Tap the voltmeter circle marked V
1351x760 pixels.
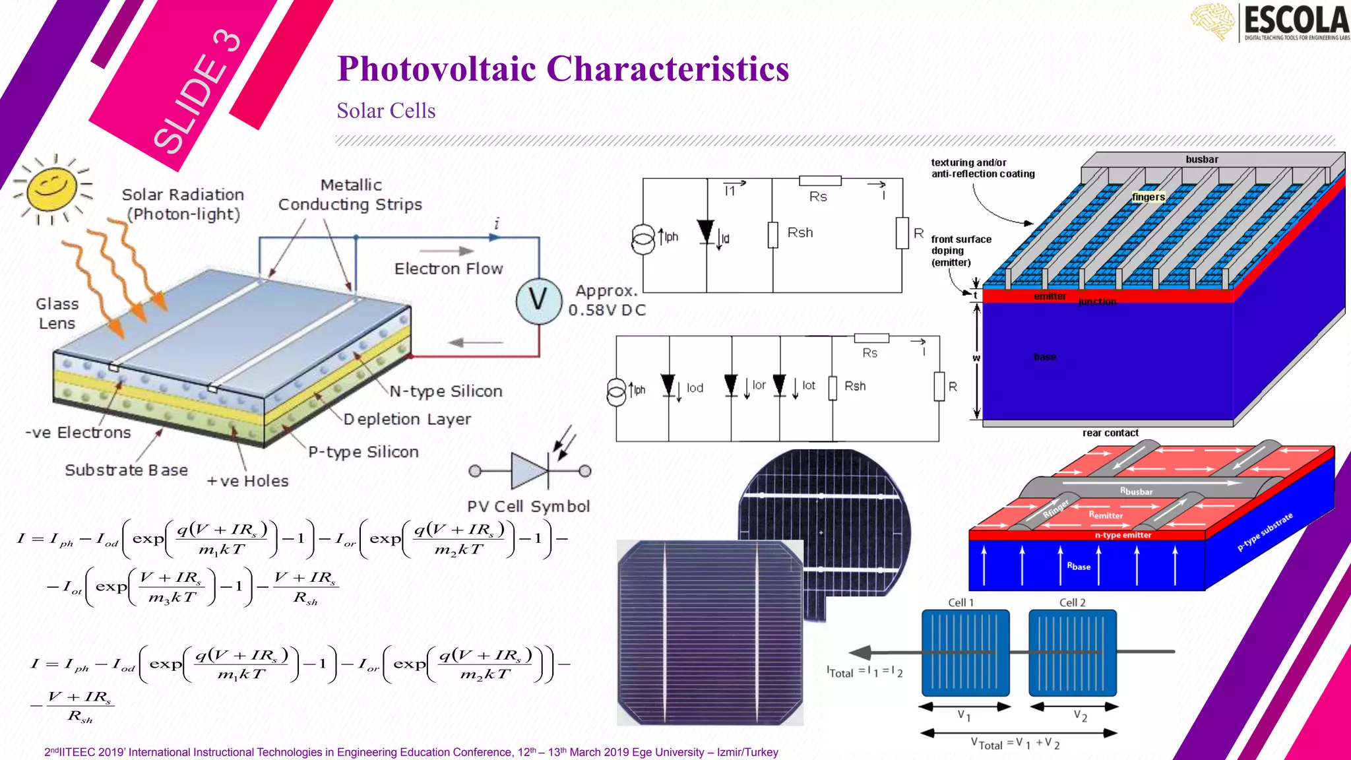click(x=538, y=301)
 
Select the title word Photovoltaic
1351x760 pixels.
click(x=436, y=69)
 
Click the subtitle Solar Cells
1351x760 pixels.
click(x=386, y=111)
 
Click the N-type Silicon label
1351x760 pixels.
click(x=446, y=391)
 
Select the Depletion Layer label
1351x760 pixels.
click(x=407, y=419)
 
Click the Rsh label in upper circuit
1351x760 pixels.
click(x=800, y=233)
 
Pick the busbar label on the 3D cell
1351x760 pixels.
click(x=1202, y=160)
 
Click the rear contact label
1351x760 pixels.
click(x=1110, y=433)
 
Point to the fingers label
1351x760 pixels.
click(x=1148, y=197)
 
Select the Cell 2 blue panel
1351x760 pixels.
click(x=1073, y=652)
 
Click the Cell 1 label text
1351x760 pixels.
click(x=960, y=602)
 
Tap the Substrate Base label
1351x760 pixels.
click(x=126, y=470)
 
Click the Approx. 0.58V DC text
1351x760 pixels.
click(x=607, y=300)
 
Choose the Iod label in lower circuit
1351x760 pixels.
click(x=695, y=388)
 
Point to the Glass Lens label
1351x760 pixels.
click(x=57, y=313)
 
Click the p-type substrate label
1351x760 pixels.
click(x=1265, y=532)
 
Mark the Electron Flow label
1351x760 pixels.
click(x=449, y=269)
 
